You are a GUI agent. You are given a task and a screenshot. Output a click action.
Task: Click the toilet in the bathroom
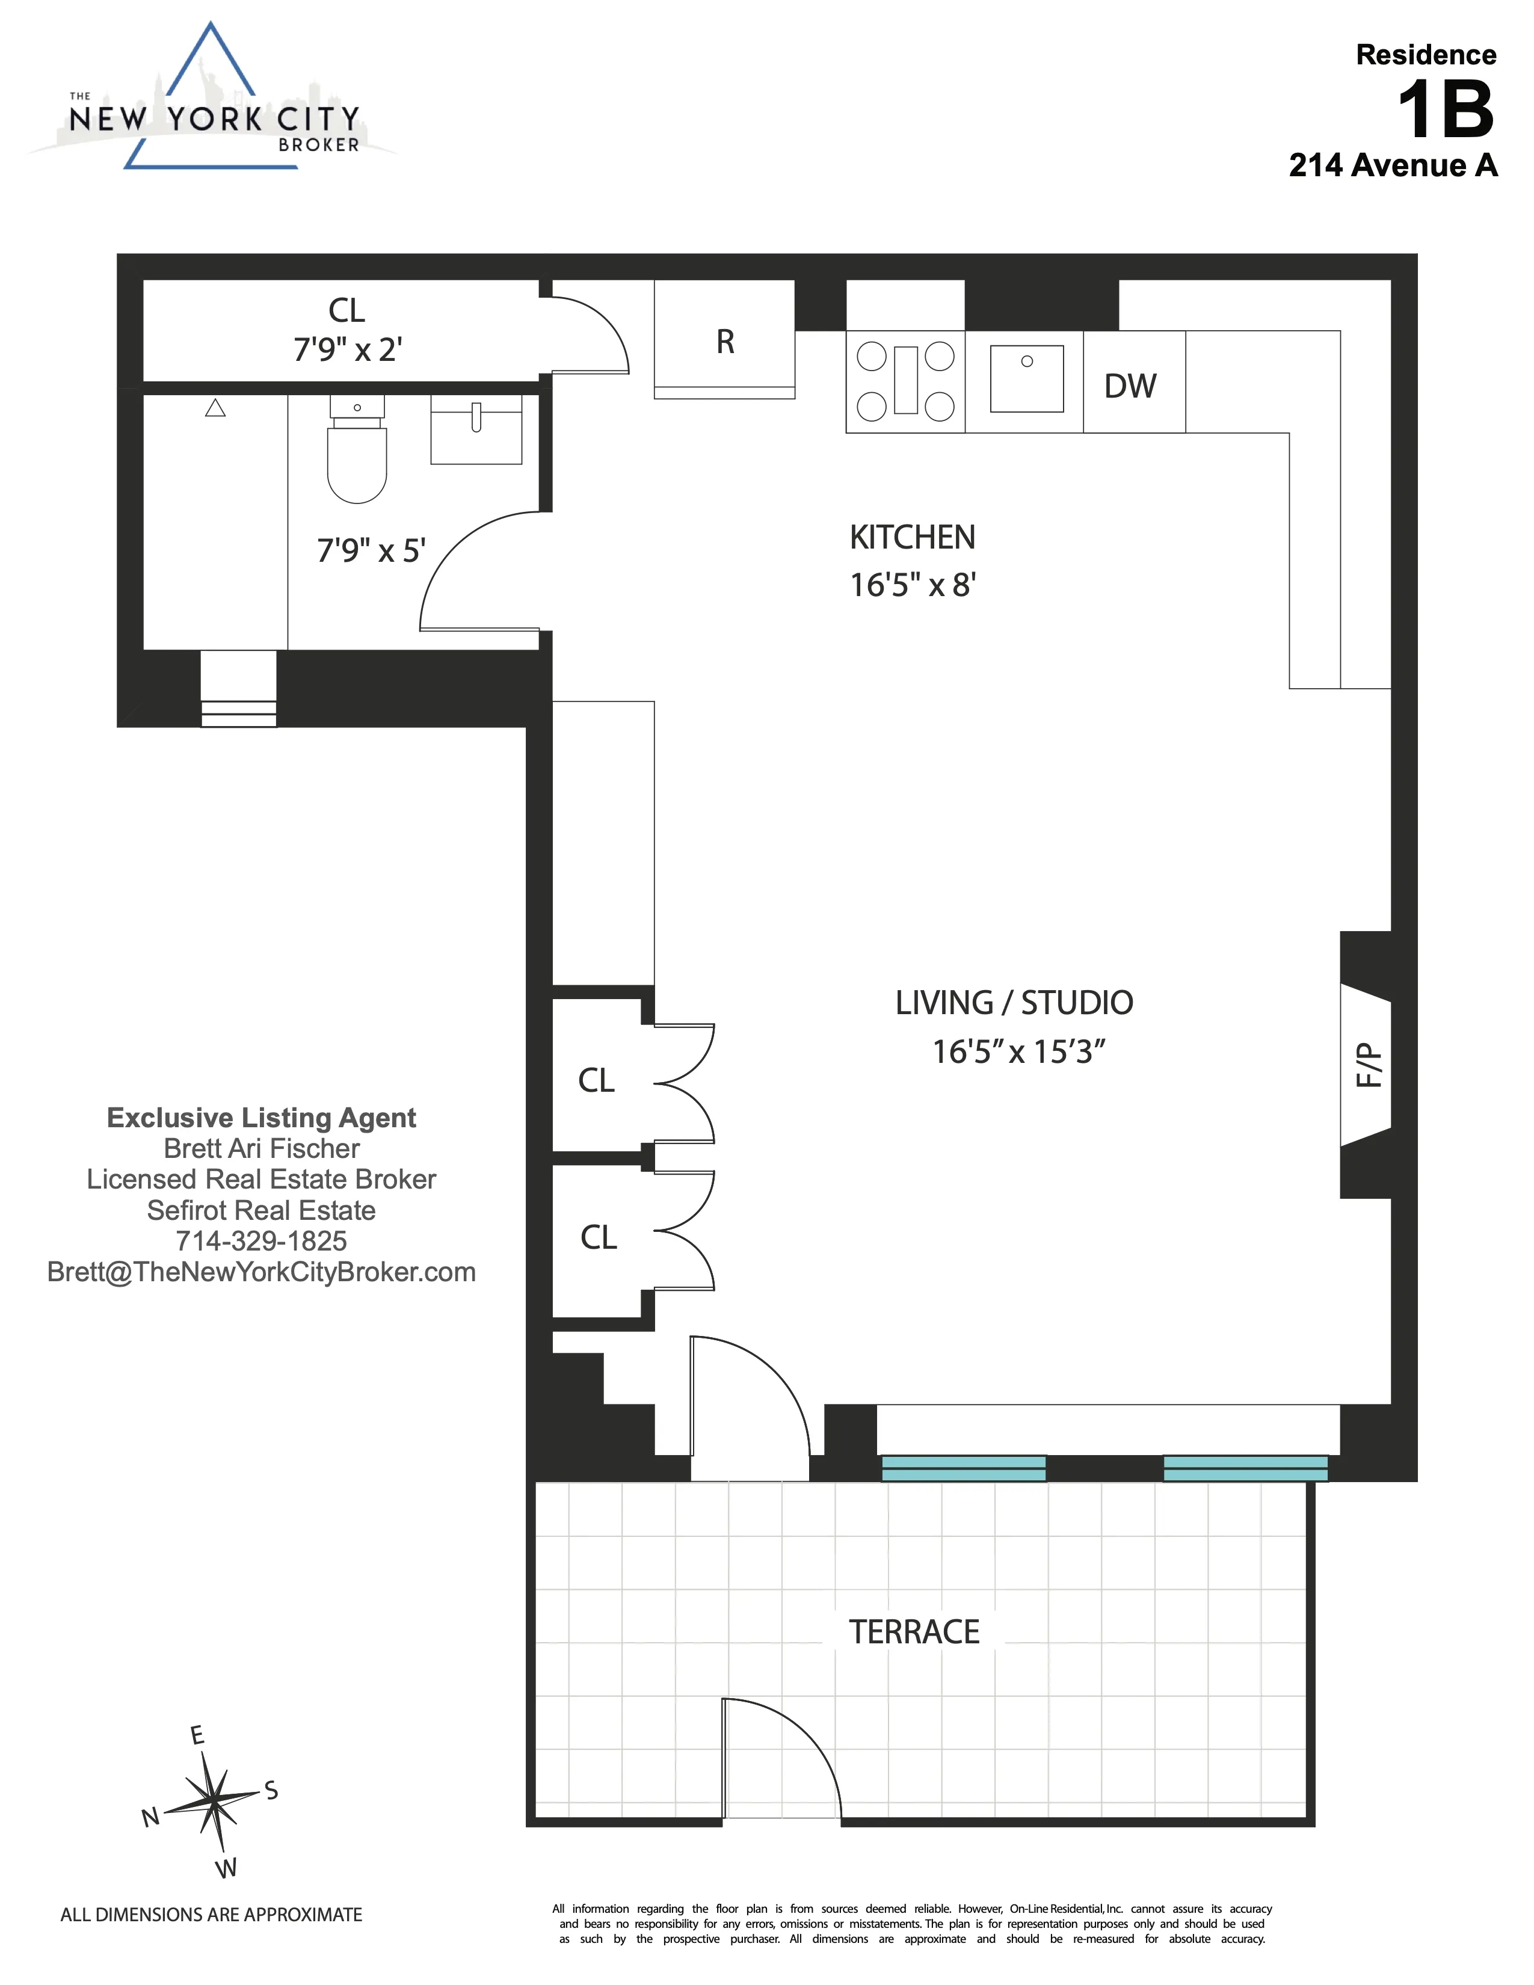pyautogui.click(x=357, y=454)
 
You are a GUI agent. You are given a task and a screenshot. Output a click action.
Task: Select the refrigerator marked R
pyautogui.click(x=724, y=341)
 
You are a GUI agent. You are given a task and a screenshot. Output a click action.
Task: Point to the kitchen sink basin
pyautogui.click(x=1026, y=379)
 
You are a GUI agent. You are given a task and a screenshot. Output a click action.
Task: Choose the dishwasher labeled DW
pyautogui.click(x=1130, y=386)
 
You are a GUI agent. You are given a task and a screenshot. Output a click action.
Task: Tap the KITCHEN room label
pyautogui.click(x=911, y=537)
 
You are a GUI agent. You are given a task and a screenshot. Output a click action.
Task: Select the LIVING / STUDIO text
pyautogui.click(x=1013, y=1003)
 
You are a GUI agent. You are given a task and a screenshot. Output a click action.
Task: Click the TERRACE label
pyautogui.click(x=913, y=1631)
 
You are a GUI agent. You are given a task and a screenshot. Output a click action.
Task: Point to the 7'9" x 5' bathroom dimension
pyautogui.click(x=371, y=551)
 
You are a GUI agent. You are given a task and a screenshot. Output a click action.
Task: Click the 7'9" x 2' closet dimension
pyautogui.click(x=347, y=349)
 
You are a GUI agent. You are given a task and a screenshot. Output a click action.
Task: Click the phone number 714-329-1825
pyautogui.click(x=261, y=1240)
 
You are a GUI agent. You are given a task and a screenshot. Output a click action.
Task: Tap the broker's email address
pyautogui.click(x=261, y=1272)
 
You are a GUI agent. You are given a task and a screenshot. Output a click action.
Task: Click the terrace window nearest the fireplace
pyautogui.click(x=1245, y=1467)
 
